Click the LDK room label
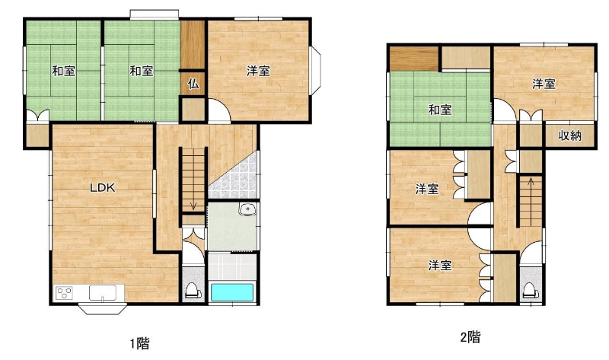[103, 188]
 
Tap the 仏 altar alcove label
[193, 83]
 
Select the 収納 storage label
[569, 135]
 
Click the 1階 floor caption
[139, 343]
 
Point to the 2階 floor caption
[470, 336]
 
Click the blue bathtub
[232, 293]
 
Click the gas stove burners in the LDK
[64, 293]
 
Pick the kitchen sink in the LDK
[103, 293]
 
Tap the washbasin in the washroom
[246, 210]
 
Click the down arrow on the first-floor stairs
[193, 205]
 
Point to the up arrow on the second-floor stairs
[531, 181]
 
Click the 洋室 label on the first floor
[258, 71]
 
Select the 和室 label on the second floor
[440, 110]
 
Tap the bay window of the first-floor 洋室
[316, 70]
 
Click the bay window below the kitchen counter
[103, 308]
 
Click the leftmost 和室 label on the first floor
[64, 71]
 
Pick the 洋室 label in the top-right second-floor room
[544, 84]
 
